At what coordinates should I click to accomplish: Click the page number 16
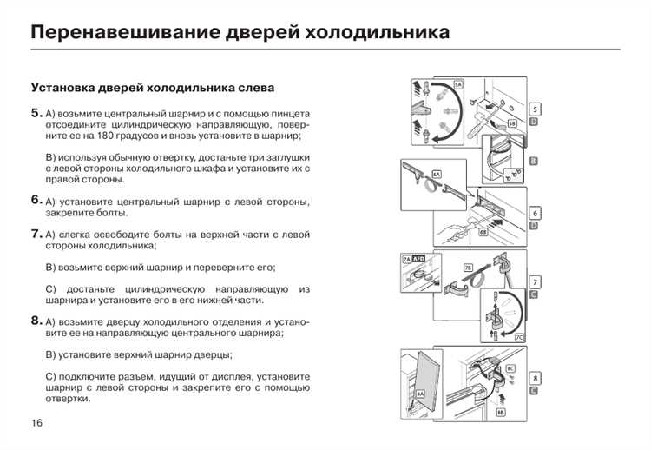pyautogui.click(x=36, y=423)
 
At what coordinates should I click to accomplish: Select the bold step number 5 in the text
pyautogui.click(x=36, y=113)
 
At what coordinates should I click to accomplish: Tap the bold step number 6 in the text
pyautogui.click(x=36, y=200)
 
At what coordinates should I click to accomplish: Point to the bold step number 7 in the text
pyautogui.click(x=36, y=233)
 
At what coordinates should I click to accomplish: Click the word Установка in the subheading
pyautogui.click(x=66, y=88)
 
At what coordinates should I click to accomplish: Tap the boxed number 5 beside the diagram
pyautogui.click(x=535, y=109)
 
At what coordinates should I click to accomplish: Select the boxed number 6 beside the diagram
pyautogui.click(x=535, y=213)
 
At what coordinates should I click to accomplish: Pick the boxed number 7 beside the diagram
pyautogui.click(x=535, y=281)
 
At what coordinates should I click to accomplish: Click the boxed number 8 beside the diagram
pyautogui.click(x=535, y=378)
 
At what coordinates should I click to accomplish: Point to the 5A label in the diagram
pyautogui.click(x=457, y=83)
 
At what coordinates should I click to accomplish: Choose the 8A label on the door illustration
pyautogui.click(x=420, y=394)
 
